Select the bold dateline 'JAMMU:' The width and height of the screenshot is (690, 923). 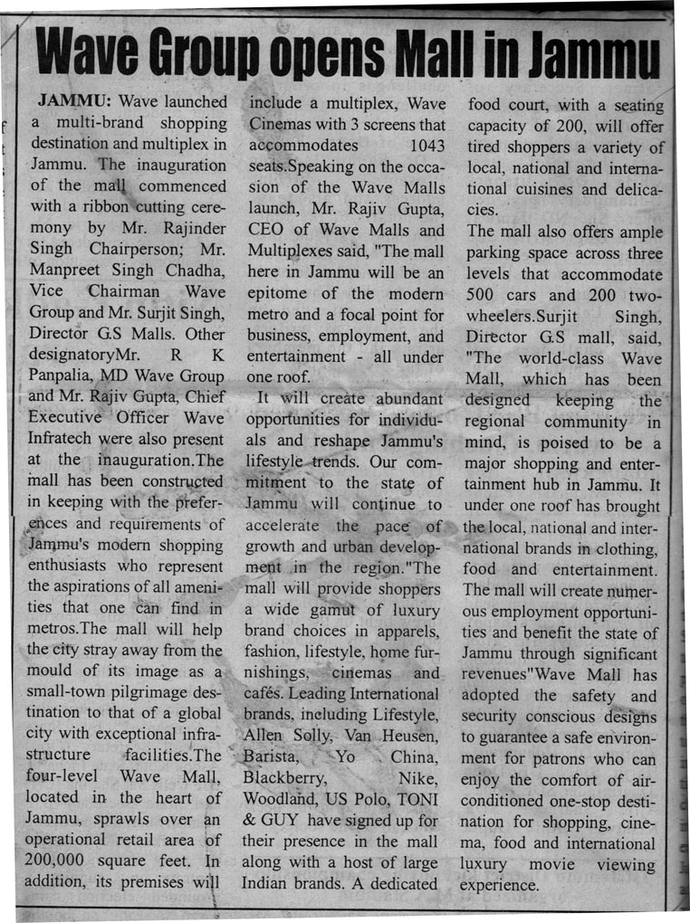coord(73,99)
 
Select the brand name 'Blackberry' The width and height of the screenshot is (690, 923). coord(285,777)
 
